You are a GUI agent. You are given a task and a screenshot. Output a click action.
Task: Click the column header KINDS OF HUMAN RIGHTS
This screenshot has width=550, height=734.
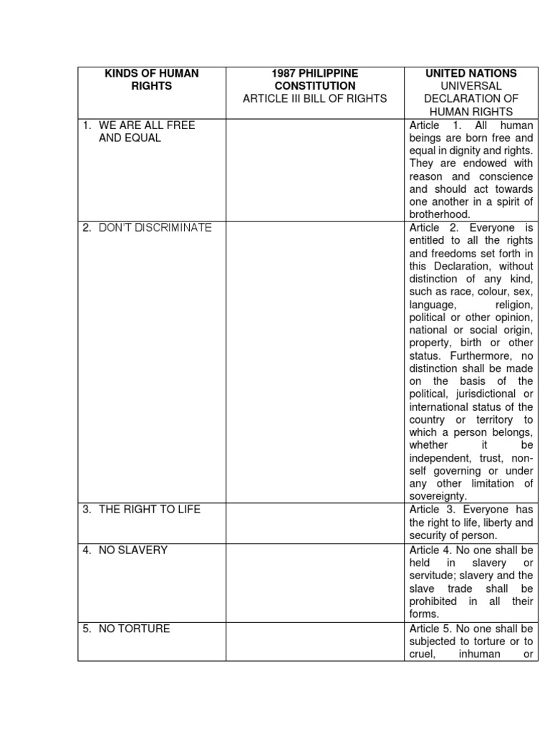point(151,80)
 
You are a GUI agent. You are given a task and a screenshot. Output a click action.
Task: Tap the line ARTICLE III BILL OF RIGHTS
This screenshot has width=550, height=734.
point(314,98)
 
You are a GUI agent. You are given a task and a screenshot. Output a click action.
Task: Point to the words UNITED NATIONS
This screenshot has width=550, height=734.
point(471,73)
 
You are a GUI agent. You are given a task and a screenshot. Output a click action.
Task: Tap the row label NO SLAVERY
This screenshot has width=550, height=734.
point(132,550)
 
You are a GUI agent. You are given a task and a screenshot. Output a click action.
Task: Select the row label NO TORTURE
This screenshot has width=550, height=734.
point(134,629)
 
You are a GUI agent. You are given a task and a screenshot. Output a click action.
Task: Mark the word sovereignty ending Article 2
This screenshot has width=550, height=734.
point(438,496)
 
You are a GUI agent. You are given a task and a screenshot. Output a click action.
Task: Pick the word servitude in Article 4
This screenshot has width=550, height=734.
point(434,576)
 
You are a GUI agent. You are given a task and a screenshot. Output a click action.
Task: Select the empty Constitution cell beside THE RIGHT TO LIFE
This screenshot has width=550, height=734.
point(315,523)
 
